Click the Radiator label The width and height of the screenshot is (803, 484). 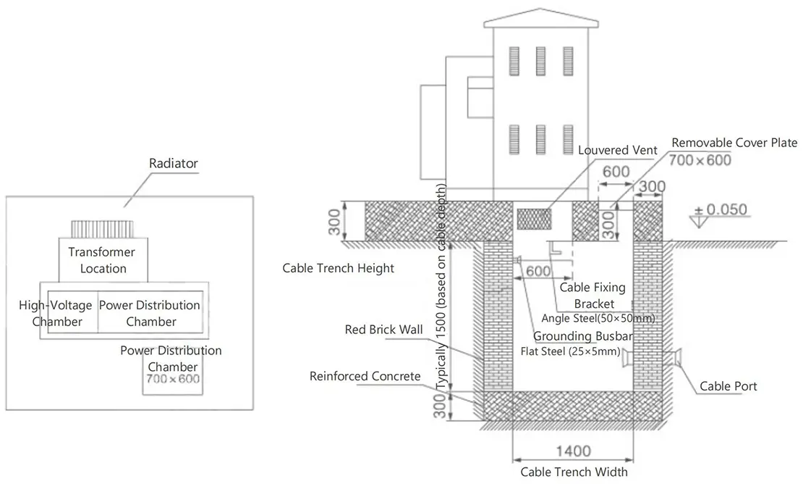[173, 164]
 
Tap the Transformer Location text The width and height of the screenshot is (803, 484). [103, 260]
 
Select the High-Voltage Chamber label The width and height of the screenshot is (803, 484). [56, 313]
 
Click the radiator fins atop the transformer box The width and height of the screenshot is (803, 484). [103, 229]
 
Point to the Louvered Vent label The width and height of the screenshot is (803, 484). [617, 150]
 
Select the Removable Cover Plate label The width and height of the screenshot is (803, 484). [734, 143]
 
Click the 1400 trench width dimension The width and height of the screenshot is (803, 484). [574, 452]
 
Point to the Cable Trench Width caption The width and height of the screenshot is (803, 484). [574, 472]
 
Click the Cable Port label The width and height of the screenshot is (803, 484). [728, 386]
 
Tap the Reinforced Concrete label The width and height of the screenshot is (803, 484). [365, 376]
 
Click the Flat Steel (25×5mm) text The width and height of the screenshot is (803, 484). [570, 353]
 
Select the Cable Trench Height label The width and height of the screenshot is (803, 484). [338, 268]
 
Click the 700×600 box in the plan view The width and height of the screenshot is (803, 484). [173, 379]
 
